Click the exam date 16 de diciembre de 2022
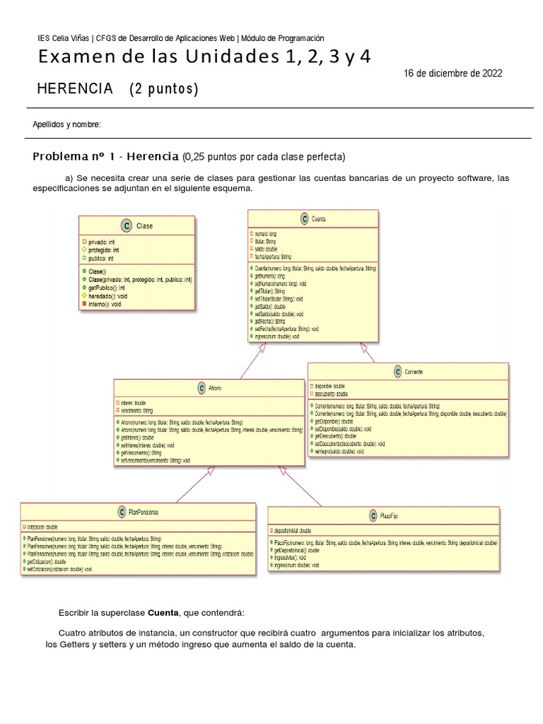pos(453,74)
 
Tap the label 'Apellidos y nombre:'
pos(67,124)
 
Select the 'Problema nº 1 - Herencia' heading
pos(105,156)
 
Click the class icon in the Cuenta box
pos(304,219)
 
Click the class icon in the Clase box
pos(126,226)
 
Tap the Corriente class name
pos(414,371)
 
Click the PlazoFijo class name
pos(389,516)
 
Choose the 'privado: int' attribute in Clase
pos(103,242)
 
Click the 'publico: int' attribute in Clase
pos(101,258)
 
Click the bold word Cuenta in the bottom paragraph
pos(164,612)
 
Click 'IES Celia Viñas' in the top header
pos(64,38)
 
